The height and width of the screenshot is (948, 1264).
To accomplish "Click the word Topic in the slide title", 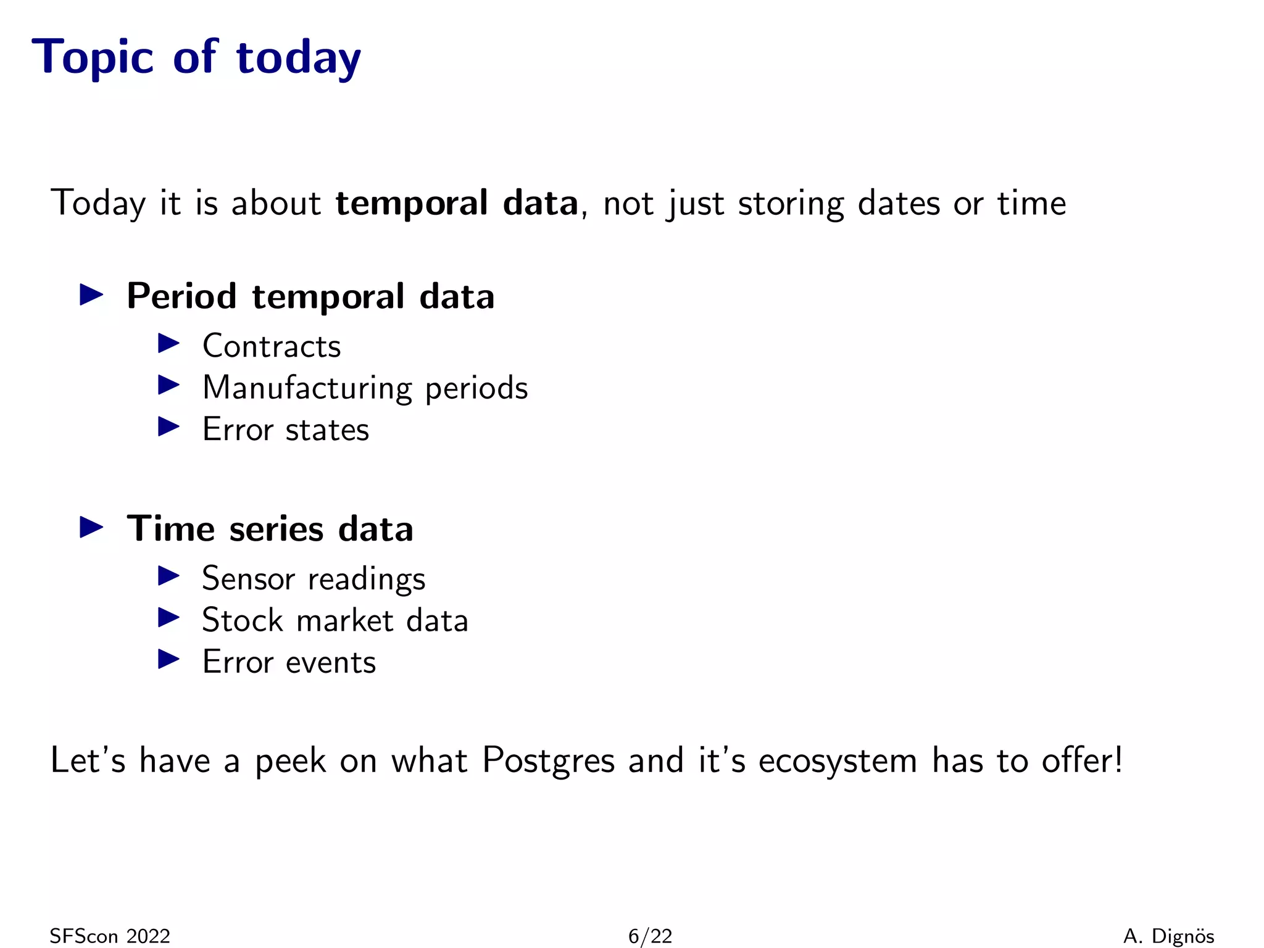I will (x=93, y=57).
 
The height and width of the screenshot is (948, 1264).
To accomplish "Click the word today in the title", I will (x=298, y=57).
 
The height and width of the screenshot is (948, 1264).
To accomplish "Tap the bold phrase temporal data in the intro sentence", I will (x=457, y=203).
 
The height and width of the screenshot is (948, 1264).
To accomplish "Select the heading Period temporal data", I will (x=310, y=296).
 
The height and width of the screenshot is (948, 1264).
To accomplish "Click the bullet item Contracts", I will (x=272, y=346).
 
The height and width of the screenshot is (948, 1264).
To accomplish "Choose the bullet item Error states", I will (x=286, y=430).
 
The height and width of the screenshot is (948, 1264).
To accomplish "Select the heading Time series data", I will (x=270, y=529).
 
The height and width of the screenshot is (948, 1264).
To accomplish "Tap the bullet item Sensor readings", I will (x=314, y=579).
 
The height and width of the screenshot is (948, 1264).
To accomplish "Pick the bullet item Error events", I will (x=289, y=662).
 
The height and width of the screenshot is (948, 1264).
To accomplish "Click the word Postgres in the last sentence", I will (x=548, y=760).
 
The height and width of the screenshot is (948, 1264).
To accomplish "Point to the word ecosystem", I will (x=838, y=760).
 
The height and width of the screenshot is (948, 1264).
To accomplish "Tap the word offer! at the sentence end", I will (x=1082, y=760).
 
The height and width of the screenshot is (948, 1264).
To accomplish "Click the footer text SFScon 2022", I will (x=110, y=936).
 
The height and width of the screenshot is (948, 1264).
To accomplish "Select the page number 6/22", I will (x=650, y=936).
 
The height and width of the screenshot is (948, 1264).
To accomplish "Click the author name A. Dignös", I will (x=1168, y=936).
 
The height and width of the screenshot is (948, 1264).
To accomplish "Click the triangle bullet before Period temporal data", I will (x=91, y=295).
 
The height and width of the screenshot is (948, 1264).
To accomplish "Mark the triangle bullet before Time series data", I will (x=91, y=528).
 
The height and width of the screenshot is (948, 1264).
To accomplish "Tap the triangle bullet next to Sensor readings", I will (x=168, y=576).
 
